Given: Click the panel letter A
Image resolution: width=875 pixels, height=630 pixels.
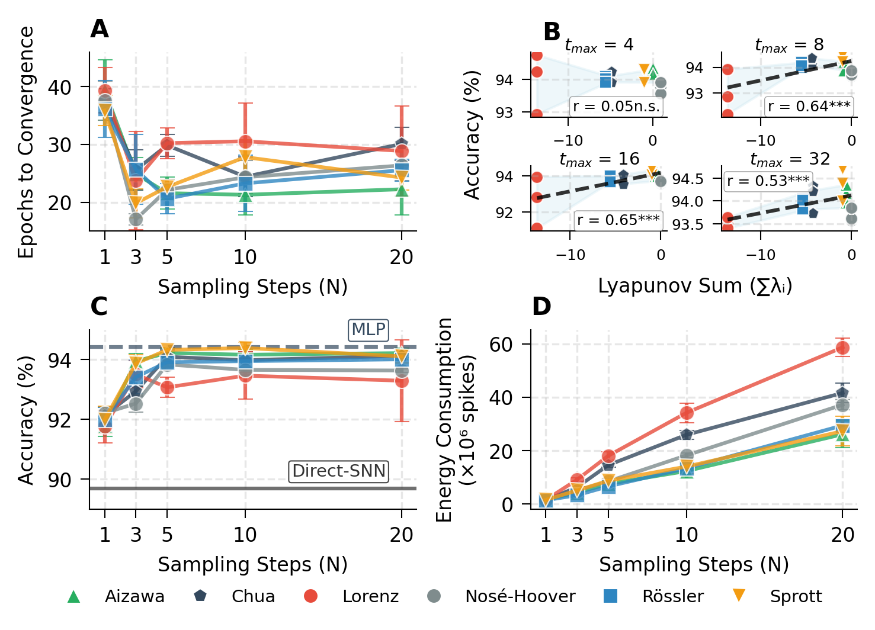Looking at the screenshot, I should tap(100, 29).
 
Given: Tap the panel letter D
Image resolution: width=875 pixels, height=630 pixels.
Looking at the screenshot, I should tap(541, 307).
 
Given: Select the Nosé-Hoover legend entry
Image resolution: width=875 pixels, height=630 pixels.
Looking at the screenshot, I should tap(501, 596).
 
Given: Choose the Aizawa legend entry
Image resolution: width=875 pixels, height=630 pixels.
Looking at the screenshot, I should tap(116, 596).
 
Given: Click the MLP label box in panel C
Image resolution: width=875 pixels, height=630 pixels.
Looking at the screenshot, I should tap(368, 330).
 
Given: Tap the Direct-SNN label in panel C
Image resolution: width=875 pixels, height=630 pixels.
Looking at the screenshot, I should tap(339, 471).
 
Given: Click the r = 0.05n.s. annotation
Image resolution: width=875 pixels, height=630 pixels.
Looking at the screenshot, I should tap(616, 107).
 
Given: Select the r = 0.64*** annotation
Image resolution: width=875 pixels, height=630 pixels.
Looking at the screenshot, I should tap(809, 107).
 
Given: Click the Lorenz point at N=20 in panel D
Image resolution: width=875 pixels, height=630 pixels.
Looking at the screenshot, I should tap(842, 348).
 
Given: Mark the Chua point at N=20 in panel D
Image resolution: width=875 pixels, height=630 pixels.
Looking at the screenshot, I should tap(842, 393).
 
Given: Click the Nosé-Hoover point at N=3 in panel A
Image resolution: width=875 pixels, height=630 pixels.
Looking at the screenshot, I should tap(136, 220).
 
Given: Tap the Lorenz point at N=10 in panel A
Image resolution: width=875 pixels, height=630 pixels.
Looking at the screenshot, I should tap(245, 142).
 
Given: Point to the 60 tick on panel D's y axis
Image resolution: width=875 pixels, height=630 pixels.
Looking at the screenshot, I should tap(501, 344).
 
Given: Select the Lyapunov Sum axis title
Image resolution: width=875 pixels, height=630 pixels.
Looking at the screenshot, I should tap(695, 286).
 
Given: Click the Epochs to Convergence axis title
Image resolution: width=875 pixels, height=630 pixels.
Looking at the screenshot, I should tap(26, 142).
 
